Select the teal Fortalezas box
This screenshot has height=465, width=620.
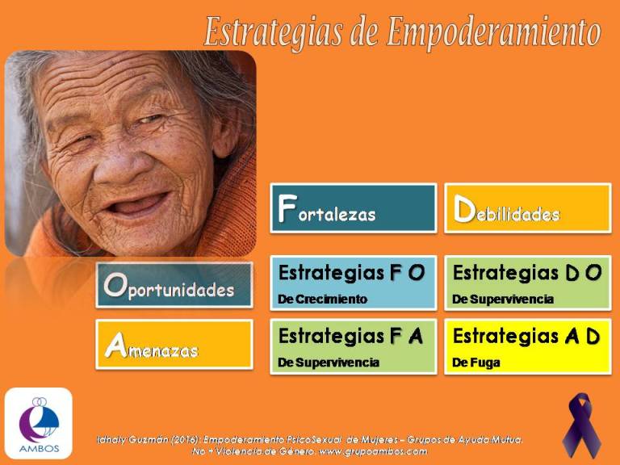(354, 208)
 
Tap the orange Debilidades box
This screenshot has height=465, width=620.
(528, 208)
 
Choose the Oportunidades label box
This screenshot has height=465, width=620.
(174, 285)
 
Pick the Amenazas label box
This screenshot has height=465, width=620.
(174, 345)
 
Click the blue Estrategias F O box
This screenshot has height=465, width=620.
(354, 283)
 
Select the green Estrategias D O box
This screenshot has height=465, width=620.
(528, 283)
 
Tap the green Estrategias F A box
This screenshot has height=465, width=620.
(354, 346)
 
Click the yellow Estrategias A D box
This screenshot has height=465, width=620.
(528, 346)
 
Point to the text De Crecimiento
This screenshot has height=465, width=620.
(323, 300)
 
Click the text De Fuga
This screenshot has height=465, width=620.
(476, 363)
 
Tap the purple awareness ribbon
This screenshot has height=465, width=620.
(580, 425)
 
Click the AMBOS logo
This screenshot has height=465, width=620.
(39, 423)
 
